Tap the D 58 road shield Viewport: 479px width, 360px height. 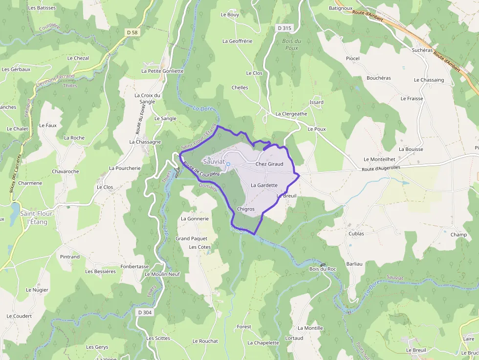point(132,32)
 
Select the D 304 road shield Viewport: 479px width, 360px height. point(144,312)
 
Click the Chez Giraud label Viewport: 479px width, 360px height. point(269,164)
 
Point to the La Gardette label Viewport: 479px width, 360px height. point(264,185)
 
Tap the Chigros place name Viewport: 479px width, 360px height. point(245,209)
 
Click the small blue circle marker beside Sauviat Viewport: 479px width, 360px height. point(228,164)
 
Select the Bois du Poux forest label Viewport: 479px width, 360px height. point(292,44)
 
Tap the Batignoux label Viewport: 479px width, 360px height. point(341,8)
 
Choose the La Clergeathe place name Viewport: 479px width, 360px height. point(291,114)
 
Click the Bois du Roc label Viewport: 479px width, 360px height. point(323,269)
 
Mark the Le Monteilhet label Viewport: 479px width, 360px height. point(379,159)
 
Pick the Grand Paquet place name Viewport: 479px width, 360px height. point(192,238)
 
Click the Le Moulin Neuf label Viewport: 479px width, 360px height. point(162,274)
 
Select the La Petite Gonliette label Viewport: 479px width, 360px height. point(162,71)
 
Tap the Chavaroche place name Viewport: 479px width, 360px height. point(65,171)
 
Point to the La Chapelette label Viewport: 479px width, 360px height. point(263,343)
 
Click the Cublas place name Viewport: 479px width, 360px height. point(356,233)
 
